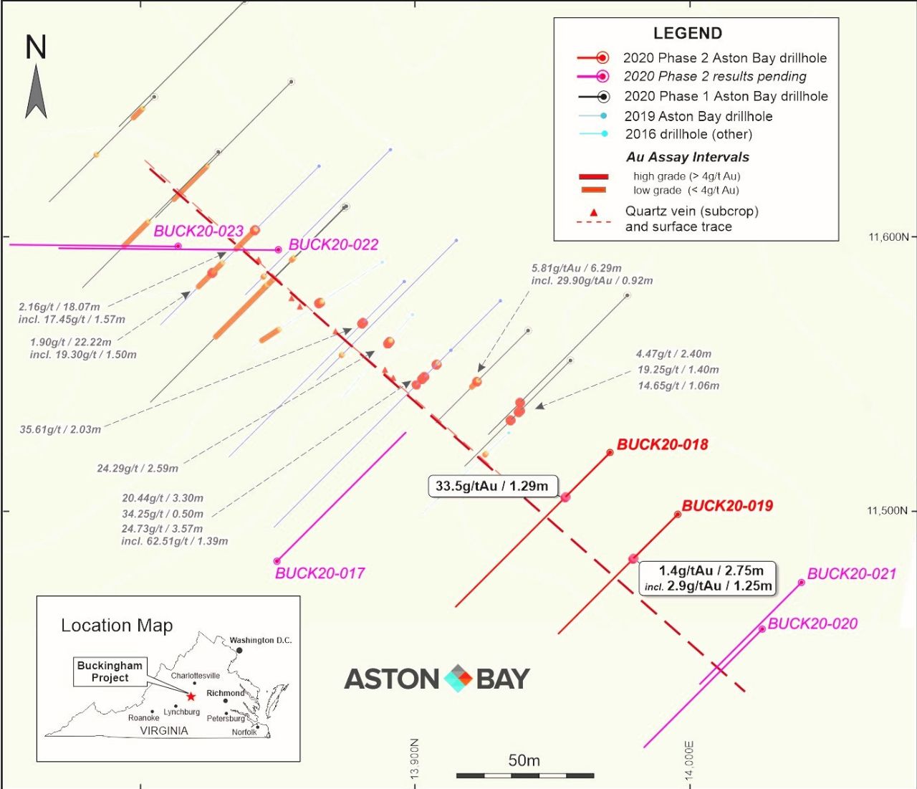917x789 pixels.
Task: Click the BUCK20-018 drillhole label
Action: tap(663, 444)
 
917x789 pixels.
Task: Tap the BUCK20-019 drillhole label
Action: tap(728, 506)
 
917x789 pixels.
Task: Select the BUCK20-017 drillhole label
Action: tap(320, 573)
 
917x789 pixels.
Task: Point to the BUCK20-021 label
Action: tap(852, 574)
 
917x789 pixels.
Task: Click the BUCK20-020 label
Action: tap(812, 624)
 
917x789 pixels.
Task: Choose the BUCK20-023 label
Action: tap(198, 231)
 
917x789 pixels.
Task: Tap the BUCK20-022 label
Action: tap(334, 244)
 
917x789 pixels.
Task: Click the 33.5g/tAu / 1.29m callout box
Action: tap(492, 487)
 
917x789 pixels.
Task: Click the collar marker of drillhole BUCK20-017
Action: tap(277, 561)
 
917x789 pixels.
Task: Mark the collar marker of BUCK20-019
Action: tap(678, 515)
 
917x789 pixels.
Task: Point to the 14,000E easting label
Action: tap(689, 760)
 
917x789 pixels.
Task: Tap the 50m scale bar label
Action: tap(524, 760)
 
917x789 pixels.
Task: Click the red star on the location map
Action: tap(191, 697)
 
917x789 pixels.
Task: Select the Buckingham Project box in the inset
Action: tap(110, 672)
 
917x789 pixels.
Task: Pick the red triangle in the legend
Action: tap(594, 213)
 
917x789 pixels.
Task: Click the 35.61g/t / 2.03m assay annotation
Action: tap(60, 429)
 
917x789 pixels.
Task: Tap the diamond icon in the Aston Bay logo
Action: tap(458, 679)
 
